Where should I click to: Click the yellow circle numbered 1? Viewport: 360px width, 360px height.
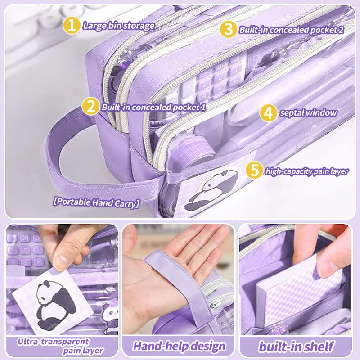[72, 25]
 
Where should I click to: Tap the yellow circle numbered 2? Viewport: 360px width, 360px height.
[90, 106]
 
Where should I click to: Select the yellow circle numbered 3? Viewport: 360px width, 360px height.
[228, 29]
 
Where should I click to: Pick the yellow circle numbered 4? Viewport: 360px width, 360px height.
[268, 112]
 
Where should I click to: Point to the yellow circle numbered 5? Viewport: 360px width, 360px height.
[254, 170]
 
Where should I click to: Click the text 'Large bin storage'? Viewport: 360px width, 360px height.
[119, 26]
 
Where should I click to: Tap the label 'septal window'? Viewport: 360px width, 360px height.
[308, 113]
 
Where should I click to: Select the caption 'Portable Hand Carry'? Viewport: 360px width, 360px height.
[96, 202]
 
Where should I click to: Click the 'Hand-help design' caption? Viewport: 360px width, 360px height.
[179, 346]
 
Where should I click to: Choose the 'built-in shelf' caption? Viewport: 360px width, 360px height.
[296, 346]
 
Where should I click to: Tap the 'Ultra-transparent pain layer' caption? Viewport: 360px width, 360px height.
[60, 346]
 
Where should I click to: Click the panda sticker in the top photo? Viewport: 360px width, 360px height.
[211, 190]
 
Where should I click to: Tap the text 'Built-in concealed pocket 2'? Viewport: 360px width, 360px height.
[292, 30]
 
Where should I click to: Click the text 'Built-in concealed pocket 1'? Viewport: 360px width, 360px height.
[154, 107]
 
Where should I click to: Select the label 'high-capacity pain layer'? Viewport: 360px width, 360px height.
[307, 171]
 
